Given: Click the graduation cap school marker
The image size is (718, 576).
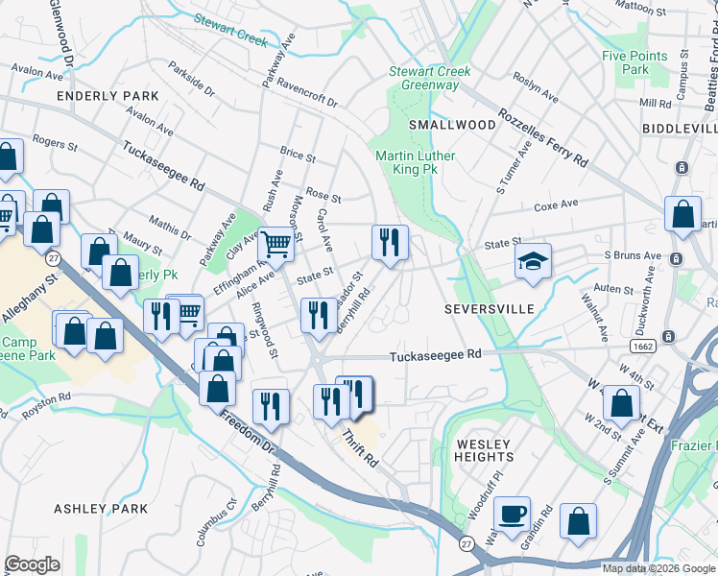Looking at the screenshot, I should [x=532, y=262].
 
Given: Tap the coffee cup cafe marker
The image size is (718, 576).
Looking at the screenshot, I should [x=512, y=516].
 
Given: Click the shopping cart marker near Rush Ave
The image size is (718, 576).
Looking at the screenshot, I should [x=276, y=245].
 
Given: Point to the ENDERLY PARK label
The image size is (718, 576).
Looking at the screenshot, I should [x=108, y=96].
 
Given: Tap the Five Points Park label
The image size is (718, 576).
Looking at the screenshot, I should [x=626, y=62].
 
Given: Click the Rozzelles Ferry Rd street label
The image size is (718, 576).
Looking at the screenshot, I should [x=542, y=139].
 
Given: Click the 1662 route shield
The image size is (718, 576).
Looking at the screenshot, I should [x=643, y=345].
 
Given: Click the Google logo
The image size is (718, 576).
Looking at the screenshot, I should [x=33, y=564].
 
